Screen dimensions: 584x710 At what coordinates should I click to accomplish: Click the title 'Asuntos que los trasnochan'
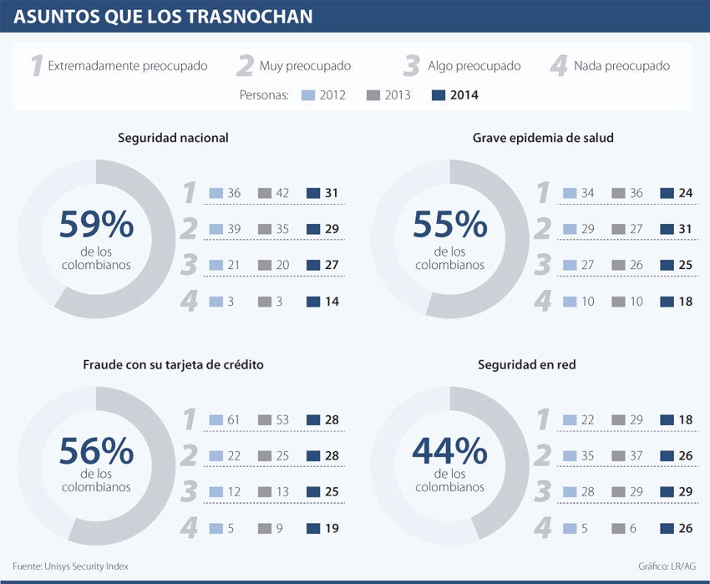point(163,16)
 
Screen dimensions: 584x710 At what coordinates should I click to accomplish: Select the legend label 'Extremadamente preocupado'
point(127,65)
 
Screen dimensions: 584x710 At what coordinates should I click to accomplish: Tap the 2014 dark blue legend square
point(438,95)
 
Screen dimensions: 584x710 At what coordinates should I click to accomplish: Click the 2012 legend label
point(332,95)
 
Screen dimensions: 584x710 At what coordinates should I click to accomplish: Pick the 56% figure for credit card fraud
point(96,451)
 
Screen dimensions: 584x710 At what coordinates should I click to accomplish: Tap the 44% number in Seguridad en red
point(449,451)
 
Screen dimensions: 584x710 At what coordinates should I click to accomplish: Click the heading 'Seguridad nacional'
point(173,137)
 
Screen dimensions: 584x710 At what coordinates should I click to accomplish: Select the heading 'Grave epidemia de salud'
point(543,137)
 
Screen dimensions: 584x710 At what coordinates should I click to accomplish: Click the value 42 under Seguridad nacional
point(282,193)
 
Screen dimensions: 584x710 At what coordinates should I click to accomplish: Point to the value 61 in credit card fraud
point(234,419)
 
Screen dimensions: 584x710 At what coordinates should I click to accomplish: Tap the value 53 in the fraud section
point(282,419)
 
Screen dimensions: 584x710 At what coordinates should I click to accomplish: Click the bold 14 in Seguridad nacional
point(332,302)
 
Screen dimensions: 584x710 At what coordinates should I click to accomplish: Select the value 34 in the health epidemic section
point(587,193)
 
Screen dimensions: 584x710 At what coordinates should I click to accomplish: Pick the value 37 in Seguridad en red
point(636,455)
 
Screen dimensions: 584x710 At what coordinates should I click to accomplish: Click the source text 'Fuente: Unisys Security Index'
point(71,566)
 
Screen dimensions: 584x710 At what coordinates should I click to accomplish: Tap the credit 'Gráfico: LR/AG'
point(667,566)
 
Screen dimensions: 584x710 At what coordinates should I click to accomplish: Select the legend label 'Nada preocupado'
point(621,65)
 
